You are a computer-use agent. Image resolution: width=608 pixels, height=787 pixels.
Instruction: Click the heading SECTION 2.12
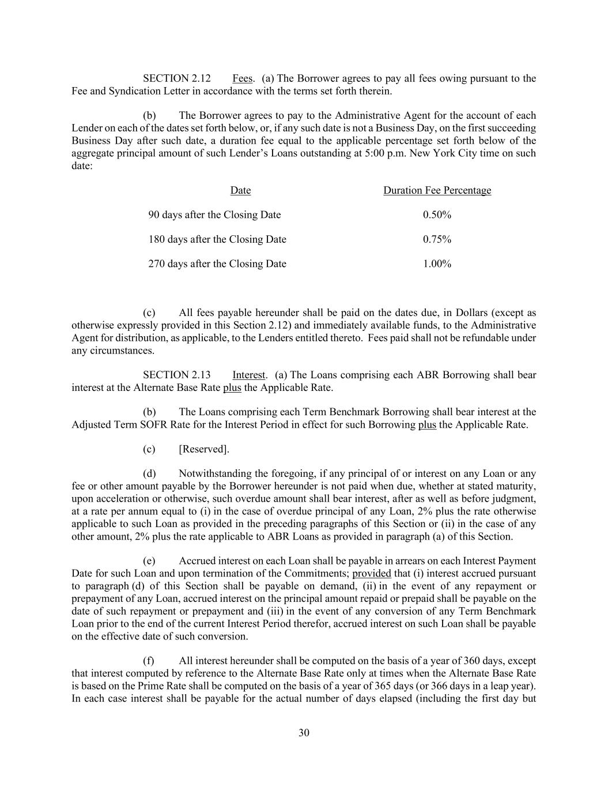(176, 78)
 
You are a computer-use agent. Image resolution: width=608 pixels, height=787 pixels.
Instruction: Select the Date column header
(240, 190)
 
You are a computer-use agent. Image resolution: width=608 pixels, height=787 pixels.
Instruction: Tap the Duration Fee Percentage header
(437, 190)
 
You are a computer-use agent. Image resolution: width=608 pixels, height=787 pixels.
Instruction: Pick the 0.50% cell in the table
(437, 215)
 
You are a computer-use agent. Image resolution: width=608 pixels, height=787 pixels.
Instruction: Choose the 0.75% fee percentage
(437, 239)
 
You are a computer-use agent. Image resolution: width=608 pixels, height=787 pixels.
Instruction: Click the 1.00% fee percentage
(437, 264)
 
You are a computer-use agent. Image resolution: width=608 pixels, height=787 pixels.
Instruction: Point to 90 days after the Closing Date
(214, 215)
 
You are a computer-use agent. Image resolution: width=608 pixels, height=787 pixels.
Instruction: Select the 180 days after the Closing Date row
(217, 239)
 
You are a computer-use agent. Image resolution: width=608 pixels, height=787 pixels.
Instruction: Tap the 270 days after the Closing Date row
(217, 264)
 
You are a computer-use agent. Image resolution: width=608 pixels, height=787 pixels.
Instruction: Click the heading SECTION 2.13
(176, 375)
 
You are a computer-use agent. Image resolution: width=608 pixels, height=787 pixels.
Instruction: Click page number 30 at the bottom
(304, 733)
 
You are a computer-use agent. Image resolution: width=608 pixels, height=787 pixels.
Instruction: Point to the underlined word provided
(371, 574)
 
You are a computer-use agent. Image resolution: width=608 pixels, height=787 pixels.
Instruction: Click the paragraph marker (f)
(149, 661)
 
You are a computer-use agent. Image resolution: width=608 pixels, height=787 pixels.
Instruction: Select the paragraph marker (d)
(149, 474)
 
